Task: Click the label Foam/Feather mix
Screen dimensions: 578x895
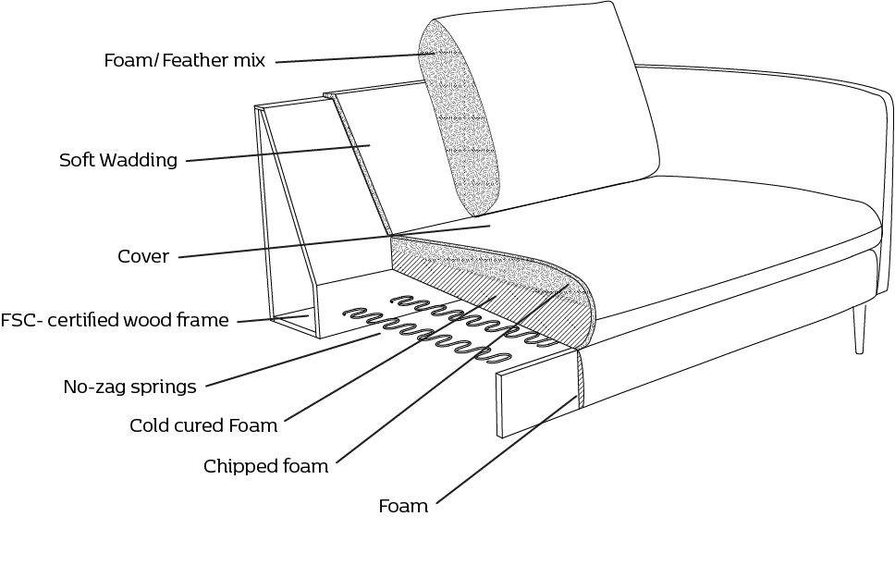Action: point(184,61)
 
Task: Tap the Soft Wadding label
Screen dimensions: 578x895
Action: point(117,160)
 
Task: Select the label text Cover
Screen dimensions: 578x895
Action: point(142,256)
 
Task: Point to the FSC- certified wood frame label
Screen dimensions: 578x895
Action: point(114,321)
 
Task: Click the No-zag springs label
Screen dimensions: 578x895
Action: point(129,387)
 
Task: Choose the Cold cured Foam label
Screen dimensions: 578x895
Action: point(203,425)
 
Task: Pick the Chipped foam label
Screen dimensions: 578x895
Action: point(265,466)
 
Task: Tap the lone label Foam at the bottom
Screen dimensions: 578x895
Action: point(403,506)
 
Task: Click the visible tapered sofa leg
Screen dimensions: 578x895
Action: point(860,328)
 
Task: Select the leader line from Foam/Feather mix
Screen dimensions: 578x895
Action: point(351,58)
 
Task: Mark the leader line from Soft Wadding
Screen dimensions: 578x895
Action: point(277,153)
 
